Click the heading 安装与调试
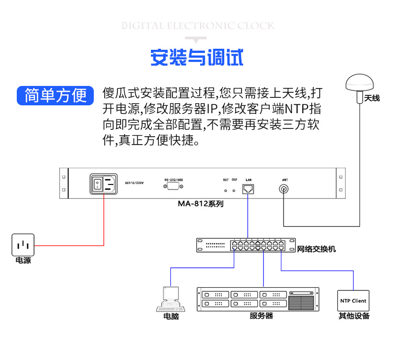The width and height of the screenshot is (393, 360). (196, 58)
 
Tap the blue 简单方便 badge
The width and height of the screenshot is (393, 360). (56, 95)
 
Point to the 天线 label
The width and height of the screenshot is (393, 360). (372, 98)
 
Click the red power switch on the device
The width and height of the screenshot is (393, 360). (97, 183)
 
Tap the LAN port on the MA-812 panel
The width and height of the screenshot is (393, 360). (248, 189)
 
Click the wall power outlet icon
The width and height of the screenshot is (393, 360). (23, 245)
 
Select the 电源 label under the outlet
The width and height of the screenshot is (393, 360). (23, 260)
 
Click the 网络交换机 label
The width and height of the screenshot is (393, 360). (316, 249)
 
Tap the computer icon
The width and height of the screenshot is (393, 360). (170, 299)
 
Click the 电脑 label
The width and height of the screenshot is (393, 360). (171, 317)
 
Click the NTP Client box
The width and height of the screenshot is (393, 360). (353, 301)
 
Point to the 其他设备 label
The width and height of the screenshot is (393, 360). (354, 316)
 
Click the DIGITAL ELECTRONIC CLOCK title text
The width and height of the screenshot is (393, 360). (198, 26)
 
